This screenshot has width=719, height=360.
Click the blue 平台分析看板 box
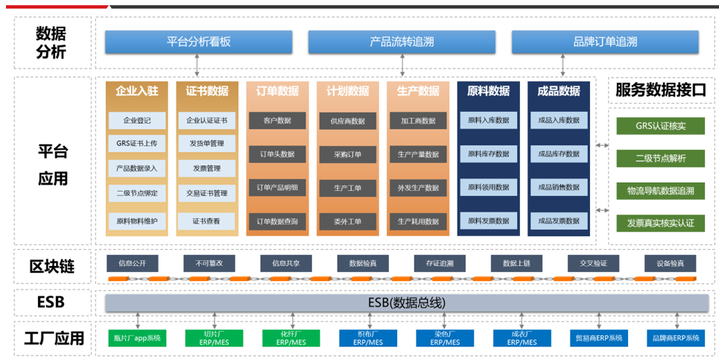tap(198, 42)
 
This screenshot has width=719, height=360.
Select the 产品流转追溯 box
tap(402, 42)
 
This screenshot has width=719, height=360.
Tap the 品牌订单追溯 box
tap(605, 42)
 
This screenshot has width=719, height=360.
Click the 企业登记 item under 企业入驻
tap(136, 120)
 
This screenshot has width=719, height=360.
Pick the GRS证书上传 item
tap(136, 143)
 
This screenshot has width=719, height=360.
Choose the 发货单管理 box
tap(206, 143)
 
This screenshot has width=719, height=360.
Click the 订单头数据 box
tap(277, 154)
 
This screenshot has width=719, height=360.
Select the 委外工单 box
tap(347, 221)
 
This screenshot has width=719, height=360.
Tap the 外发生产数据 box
tap(418, 188)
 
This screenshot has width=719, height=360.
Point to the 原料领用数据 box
tap(488, 188)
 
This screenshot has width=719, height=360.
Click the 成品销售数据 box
tap(559, 188)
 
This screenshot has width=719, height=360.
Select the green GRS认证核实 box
tap(660, 126)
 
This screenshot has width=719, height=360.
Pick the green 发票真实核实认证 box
tap(660, 223)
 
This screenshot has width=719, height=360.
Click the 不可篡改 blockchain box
tap(209, 263)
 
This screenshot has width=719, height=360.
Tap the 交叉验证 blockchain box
tap(593, 263)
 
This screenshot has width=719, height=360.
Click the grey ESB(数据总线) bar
tap(406, 303)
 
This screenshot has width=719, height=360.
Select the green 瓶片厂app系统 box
tap(136, 338)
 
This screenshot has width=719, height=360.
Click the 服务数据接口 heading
tap(660, 91)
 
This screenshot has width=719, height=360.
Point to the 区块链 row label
tap(52, 267)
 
